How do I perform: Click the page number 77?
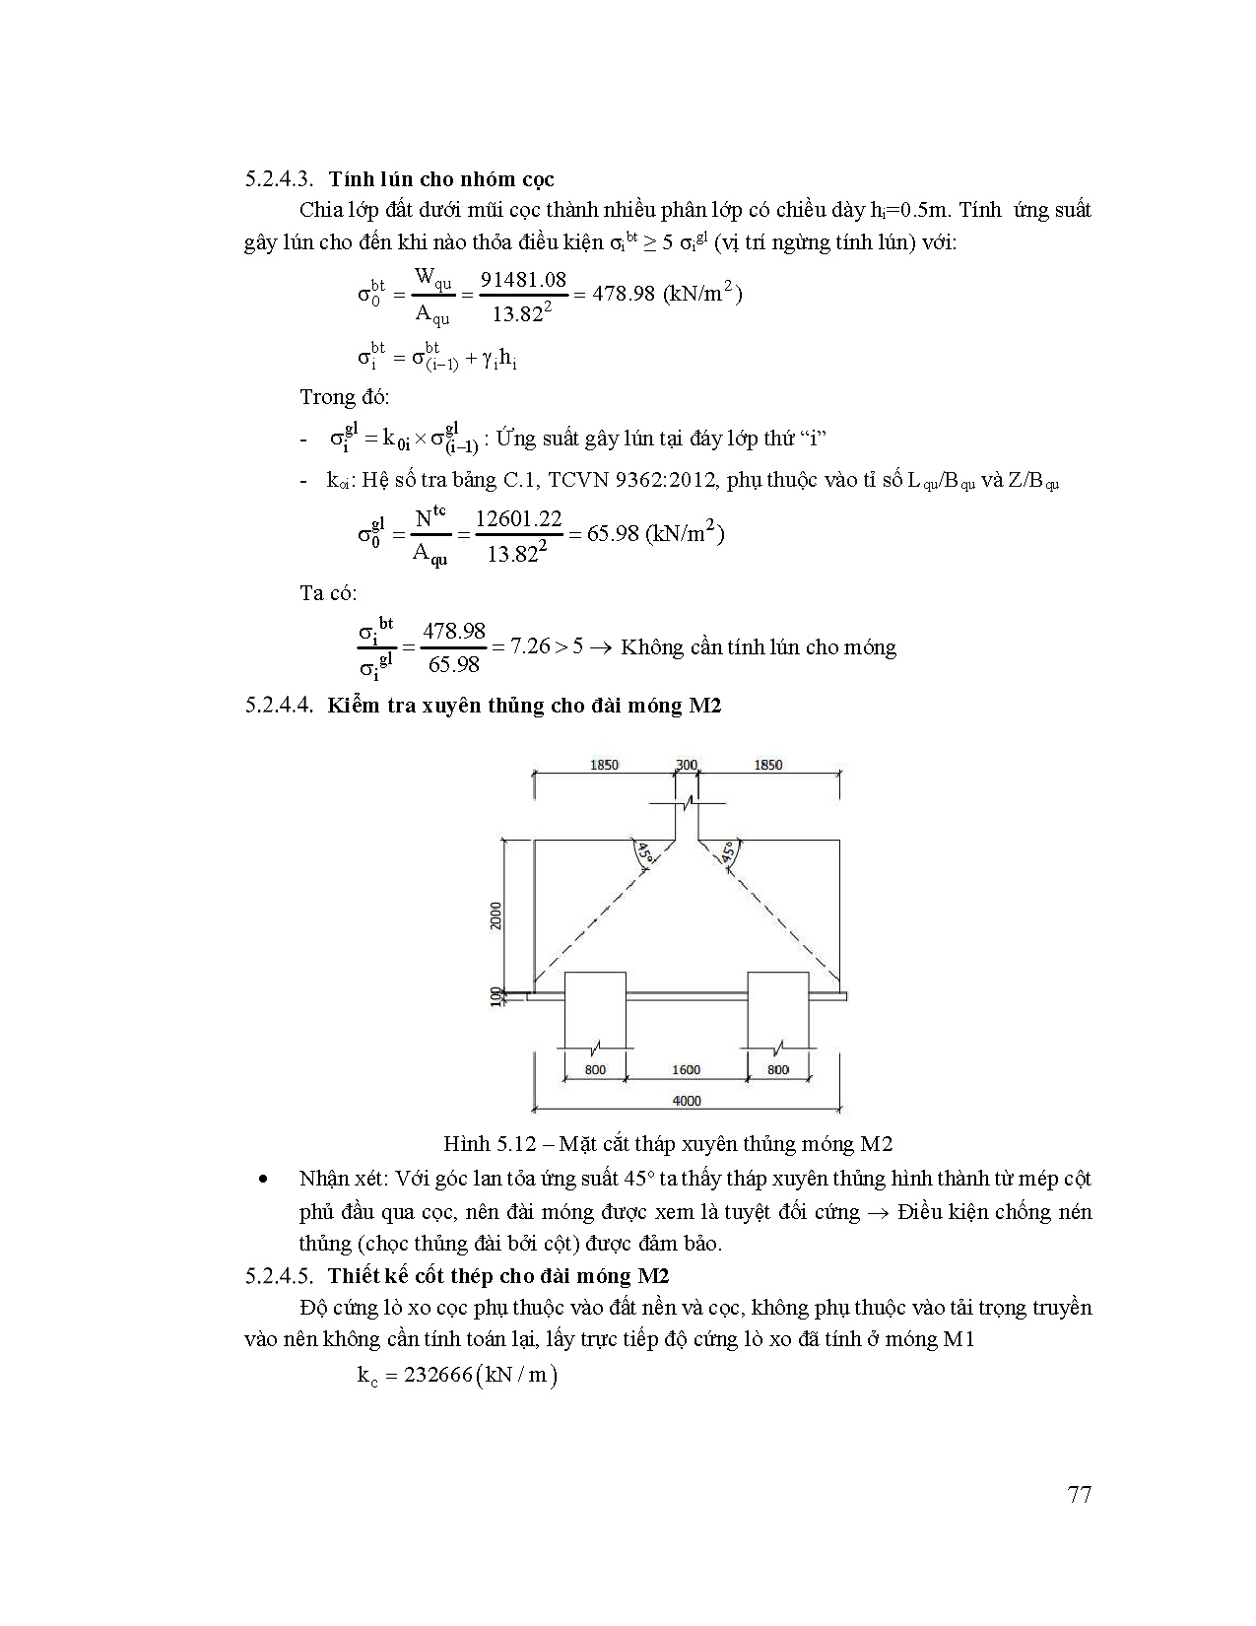point(1079,1494)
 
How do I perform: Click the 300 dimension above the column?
point(687,765)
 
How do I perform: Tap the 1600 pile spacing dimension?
point(686,1069)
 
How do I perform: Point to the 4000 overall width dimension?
point(686,1101)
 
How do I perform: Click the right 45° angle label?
point(728,853)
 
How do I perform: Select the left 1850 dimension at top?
point(604,765)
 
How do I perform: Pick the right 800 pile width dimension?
point(777,1069)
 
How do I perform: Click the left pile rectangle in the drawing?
point(594,1010)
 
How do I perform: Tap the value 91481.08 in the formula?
point(523,280)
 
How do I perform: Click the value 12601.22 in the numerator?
point(518,518)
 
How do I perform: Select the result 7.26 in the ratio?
point(529,647)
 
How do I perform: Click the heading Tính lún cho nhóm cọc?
point(441,179)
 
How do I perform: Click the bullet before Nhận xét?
point(263,1180)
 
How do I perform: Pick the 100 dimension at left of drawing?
point(496,997)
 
